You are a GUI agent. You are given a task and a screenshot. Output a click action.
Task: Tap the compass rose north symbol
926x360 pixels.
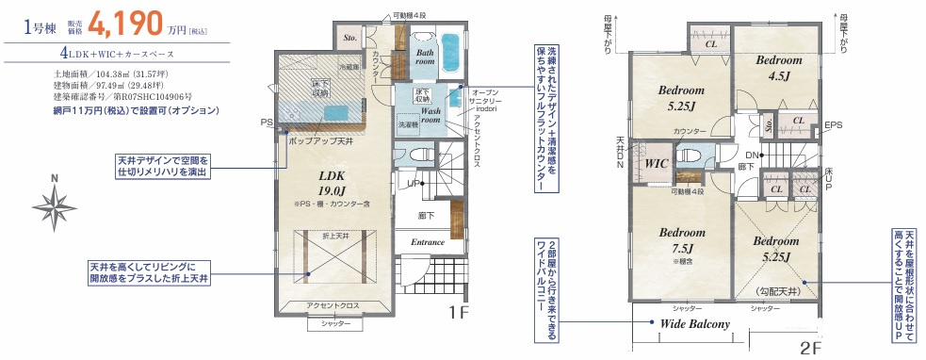tap(56, 201)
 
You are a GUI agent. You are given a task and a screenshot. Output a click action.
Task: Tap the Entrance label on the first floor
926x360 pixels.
tap(427, 242)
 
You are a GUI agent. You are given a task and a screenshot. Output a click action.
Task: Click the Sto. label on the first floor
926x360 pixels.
tap(349, 39)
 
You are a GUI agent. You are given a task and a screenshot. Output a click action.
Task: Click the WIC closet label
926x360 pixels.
tap(656, 163)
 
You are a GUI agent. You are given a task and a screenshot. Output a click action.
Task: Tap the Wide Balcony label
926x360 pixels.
tap(695, 324)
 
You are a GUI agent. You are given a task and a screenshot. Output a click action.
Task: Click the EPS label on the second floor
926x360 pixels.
tap(833, 125)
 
